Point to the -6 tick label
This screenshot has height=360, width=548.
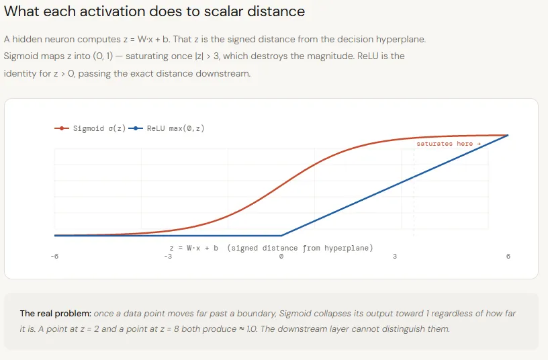pos(54,257)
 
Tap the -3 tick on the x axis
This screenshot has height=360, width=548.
pos(168,257)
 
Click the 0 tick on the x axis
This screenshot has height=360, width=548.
pos(281,257)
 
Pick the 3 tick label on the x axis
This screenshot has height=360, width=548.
pos(395,257)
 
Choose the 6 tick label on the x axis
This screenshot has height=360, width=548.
pos(508,257)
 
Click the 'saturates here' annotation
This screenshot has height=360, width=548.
pos(448,144)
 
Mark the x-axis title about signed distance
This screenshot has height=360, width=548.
pos(267,248)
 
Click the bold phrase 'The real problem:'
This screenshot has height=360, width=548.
pos(55,314)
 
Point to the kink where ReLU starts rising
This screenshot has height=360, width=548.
pos(281,236)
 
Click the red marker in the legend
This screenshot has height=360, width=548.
pos(62,128)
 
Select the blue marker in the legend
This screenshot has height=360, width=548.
pos(136,128)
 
